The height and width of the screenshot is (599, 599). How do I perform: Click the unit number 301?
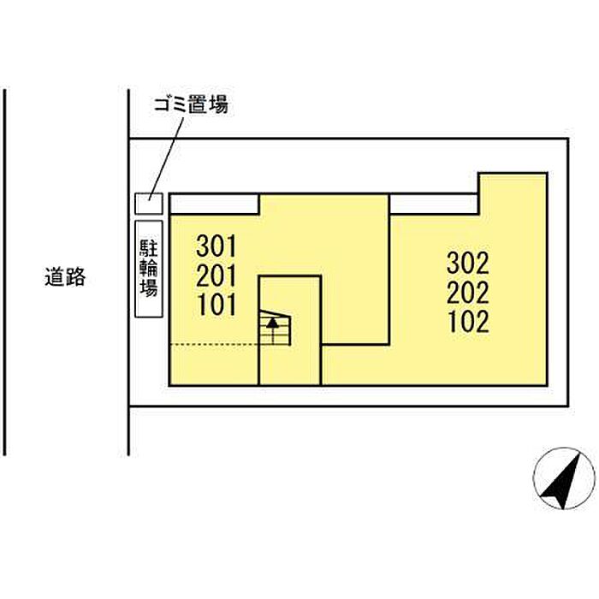216,246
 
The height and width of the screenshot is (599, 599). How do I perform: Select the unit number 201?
216,276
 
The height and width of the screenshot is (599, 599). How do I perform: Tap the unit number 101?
216,305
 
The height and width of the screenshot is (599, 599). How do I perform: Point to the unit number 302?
468,264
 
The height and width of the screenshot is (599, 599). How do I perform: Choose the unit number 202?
468,293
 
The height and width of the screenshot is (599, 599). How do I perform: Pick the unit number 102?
469,322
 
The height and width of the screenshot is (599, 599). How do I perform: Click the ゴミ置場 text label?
191,104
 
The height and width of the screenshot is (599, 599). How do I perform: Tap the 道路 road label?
65,277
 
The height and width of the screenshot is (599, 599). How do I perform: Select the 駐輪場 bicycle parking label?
149,269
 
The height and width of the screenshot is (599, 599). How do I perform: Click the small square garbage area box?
149,204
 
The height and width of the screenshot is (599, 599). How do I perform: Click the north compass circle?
563,478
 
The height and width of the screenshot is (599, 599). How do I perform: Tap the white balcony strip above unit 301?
214,204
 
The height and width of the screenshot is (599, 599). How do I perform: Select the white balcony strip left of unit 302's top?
434,204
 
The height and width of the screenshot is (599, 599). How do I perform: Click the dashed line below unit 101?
214,345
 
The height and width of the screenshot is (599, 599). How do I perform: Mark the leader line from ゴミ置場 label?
166,159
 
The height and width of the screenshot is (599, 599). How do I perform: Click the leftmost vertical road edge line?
4,272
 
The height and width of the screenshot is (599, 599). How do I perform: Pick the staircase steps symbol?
275,328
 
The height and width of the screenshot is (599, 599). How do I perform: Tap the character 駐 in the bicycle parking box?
149,249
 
